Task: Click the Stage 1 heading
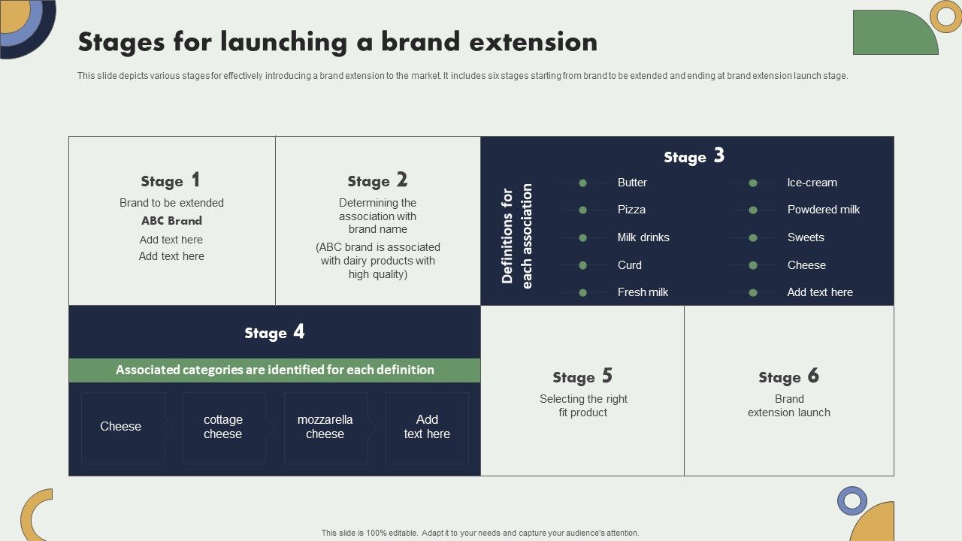(x=171, y=181)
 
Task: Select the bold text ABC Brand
(x=171, y=221)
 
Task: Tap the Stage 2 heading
(x=377, y=181)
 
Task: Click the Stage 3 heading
(x=694, y=156)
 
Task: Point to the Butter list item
(x=632, y=183)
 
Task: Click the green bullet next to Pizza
(x=582, y=210)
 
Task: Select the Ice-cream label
(x=812, y=183)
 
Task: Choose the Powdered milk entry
(x=823, y=210)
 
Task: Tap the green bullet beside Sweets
(x=752, y=237)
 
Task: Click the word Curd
(x=630, y=265)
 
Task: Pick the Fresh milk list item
(x=643, y=292)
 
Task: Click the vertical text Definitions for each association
(x=516, y=235)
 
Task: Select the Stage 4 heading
(x=274, y=332)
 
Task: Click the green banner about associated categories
(x=274, y=370)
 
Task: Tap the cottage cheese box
(x=223, y=427)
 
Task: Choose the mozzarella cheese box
(x=325, y=427)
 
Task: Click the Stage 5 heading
(x=582, y=376)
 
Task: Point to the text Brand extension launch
(x=788, y=406)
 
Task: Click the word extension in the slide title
(x=534, y=42)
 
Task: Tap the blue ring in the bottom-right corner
(x=852, y=500)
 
